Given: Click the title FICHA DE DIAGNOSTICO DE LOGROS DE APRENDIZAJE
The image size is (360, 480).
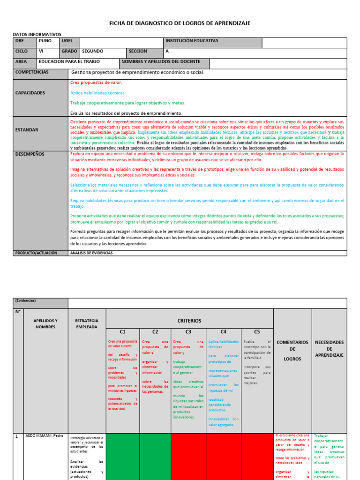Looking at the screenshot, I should point(180,23).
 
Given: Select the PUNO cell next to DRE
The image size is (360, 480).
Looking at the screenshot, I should point(45,41).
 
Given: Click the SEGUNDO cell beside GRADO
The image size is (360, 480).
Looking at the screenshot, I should point(93,51).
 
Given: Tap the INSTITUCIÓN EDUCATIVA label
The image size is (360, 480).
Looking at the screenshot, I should point(192,41).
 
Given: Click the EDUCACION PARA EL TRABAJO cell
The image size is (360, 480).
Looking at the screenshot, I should point(69,61).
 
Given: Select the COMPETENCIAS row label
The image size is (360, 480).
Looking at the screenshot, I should point(32,72).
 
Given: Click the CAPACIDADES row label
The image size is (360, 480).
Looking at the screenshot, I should point(30,93).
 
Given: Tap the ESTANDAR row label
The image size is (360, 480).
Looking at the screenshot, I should point(27,130).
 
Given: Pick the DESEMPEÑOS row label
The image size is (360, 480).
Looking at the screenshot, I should point(30,153).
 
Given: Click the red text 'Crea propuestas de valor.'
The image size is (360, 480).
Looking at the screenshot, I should point(96,82).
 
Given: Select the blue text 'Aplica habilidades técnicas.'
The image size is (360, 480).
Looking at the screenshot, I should point(98,93).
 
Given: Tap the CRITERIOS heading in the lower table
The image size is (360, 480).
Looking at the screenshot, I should point(189,321).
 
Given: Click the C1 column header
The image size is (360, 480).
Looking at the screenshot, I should point(123,331).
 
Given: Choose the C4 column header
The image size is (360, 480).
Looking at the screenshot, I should point(224,331).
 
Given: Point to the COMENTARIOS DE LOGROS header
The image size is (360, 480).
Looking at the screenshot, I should point(292,351).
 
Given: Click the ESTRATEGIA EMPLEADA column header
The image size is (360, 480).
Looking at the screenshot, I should point(86,323).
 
